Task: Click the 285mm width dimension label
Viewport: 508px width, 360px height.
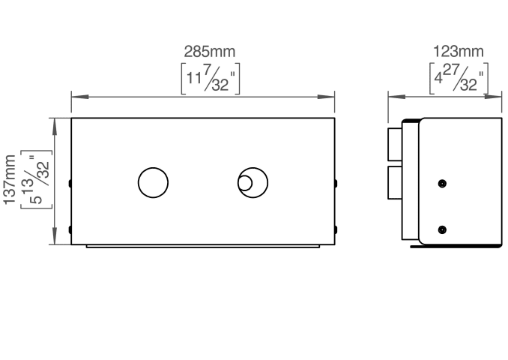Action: point(210,52)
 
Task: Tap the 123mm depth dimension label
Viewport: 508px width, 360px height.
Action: point(459,52)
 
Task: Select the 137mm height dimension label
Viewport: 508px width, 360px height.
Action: point(10,180)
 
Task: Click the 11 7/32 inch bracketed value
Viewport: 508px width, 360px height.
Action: point(211,79)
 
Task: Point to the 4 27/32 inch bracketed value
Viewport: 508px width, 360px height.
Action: point(459,79)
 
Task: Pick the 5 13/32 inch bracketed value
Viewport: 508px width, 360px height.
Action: point(36,179)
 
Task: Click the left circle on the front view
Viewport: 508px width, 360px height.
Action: point(154,182)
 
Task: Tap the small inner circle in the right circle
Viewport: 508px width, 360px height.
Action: point(245,182)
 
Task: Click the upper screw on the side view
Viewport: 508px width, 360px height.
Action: point(442,184)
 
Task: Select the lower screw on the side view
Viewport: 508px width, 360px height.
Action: point(442,230)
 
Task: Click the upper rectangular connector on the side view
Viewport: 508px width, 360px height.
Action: point(395,144)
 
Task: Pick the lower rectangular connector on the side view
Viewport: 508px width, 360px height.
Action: point(395,182)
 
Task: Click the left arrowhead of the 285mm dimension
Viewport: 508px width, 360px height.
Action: point(80,97)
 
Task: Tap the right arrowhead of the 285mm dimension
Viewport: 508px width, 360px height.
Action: point(326,97)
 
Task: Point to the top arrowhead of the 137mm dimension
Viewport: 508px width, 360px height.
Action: point(54,127)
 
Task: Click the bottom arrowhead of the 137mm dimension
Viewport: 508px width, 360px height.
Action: point(54,235)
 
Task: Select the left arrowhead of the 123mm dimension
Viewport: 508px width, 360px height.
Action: point(396,97)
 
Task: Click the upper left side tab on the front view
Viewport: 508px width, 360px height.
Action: point(70,184)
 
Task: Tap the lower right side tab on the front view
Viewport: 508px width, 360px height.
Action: point(336,229)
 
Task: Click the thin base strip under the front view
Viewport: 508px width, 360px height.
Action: point(203,247)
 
